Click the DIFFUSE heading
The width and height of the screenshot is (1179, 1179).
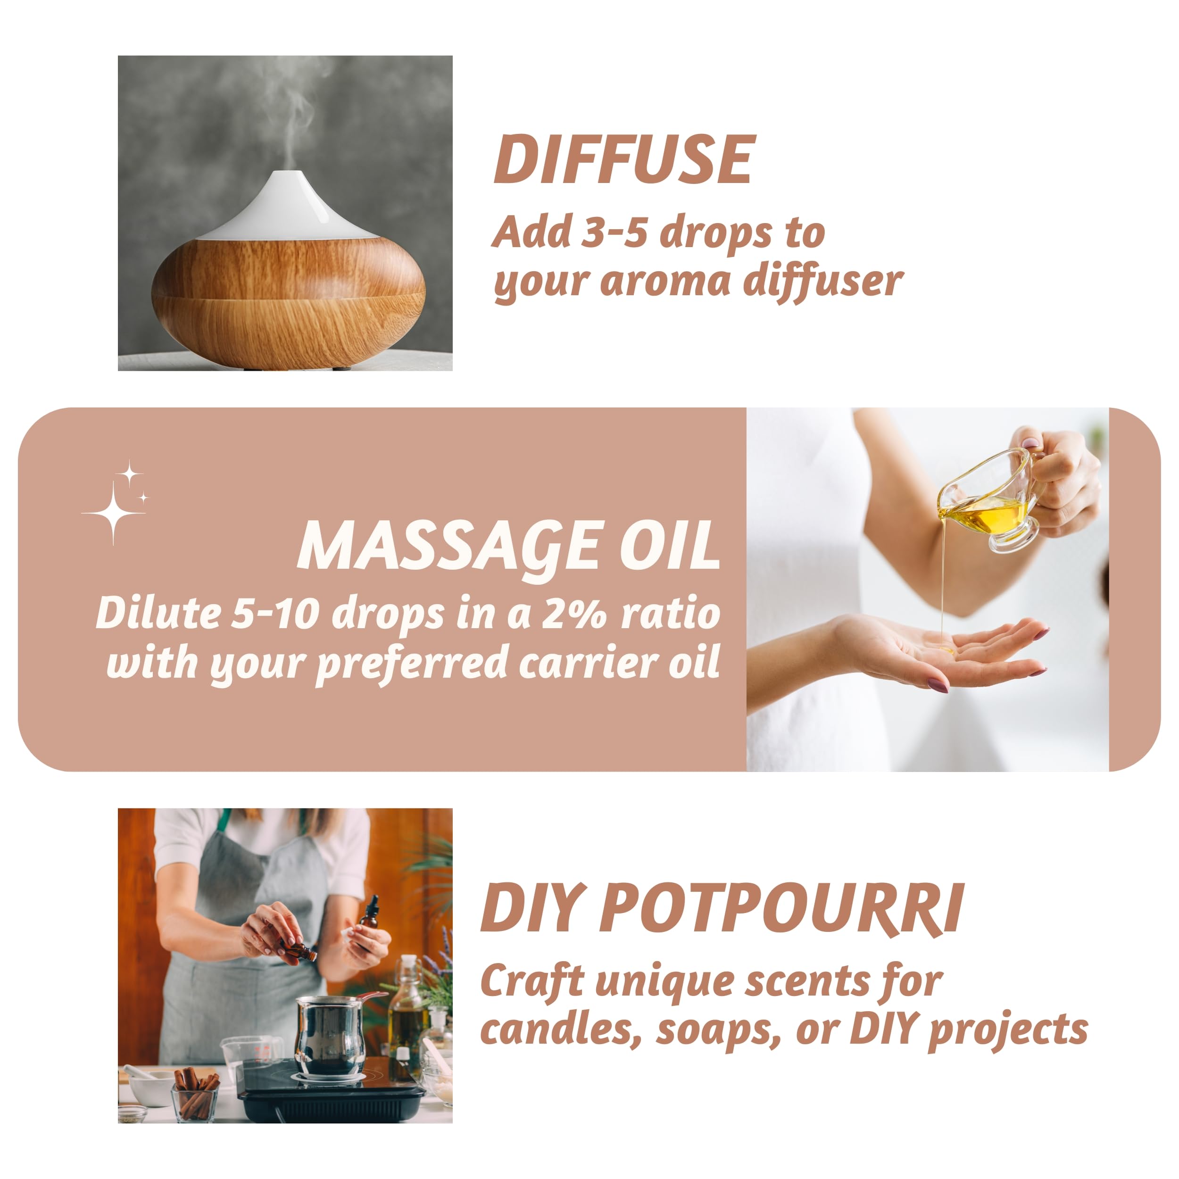623,159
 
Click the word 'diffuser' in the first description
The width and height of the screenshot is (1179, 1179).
822,282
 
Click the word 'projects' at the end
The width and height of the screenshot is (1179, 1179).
1007,1031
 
